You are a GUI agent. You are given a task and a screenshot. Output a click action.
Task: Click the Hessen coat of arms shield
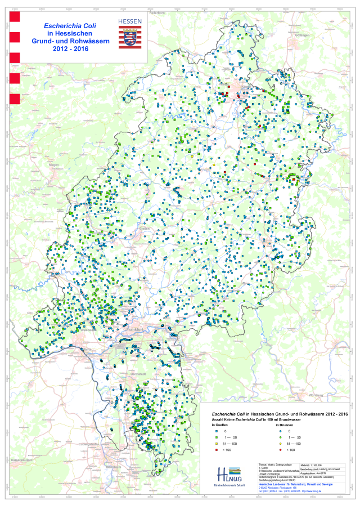(x=130, y=38)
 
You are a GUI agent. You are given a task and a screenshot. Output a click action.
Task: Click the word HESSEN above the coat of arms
(x=130, y=20)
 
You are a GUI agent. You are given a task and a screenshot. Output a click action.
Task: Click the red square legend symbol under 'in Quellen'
(x=217, y=450)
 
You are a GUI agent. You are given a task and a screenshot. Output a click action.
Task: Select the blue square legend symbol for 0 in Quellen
(x=217, y=431)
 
